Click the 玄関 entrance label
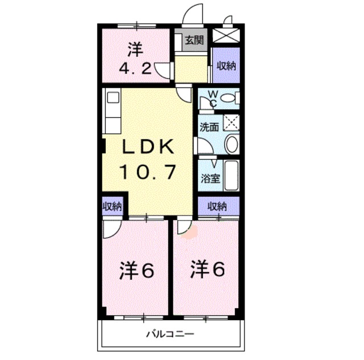pyautogui.click(x=194, y=40)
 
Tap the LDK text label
pyautogui.click(x=147, y=147)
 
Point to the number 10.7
pyautogui.click(x=147, y=171)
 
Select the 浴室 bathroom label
pyautogui.click(x=210, y=177)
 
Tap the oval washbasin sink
pyautogui.click(x=231, y=144)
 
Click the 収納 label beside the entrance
pyautogui.click(x=225, y=65)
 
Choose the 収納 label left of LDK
pyautogui.click(x=111, y=206)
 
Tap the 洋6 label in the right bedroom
pyautogui.click(x=207, y=267)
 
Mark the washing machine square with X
pyautogui.click(x=231, y=122)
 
